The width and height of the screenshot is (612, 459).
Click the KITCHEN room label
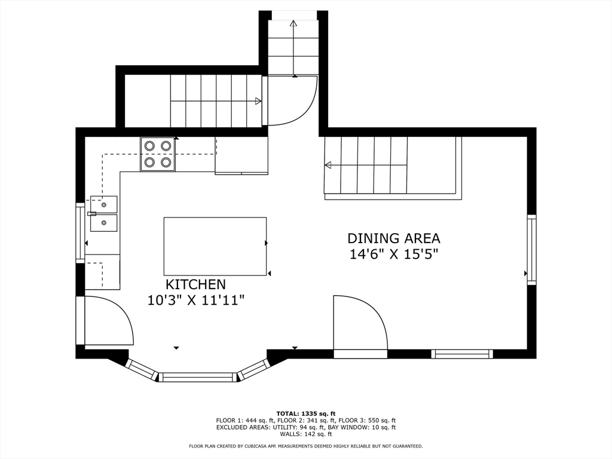(196, 284)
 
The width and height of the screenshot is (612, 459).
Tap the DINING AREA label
(394, 238)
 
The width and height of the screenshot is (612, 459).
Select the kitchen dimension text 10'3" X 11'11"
(196, 300)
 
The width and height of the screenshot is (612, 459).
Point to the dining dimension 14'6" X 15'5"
(394, 255)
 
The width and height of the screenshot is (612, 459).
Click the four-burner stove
(158, 154)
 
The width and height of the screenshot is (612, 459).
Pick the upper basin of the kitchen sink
(104, 204)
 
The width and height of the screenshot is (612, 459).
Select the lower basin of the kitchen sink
(104, 223)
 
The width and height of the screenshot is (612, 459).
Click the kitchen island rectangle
(215, 246)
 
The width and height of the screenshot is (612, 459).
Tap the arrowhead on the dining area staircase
(328, 165)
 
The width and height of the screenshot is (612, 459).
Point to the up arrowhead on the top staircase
(293, 23)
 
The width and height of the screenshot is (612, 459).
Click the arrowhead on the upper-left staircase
(258, 101)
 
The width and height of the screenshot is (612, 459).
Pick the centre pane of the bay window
(198, 377)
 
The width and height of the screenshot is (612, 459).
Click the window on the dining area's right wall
(531, 249)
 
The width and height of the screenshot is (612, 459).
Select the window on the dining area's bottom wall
(462, 354)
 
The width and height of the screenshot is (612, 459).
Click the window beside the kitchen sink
(80, 232)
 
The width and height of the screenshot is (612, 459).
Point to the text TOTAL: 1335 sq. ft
(306, 414)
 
